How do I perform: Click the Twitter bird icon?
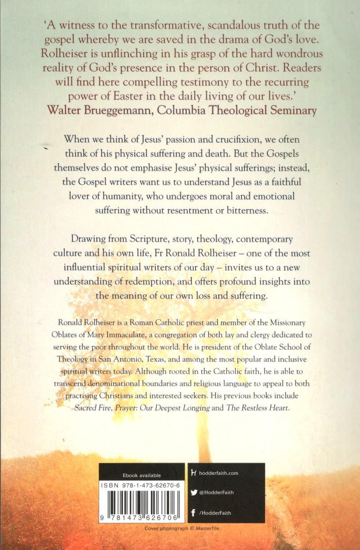click(193, 492)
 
